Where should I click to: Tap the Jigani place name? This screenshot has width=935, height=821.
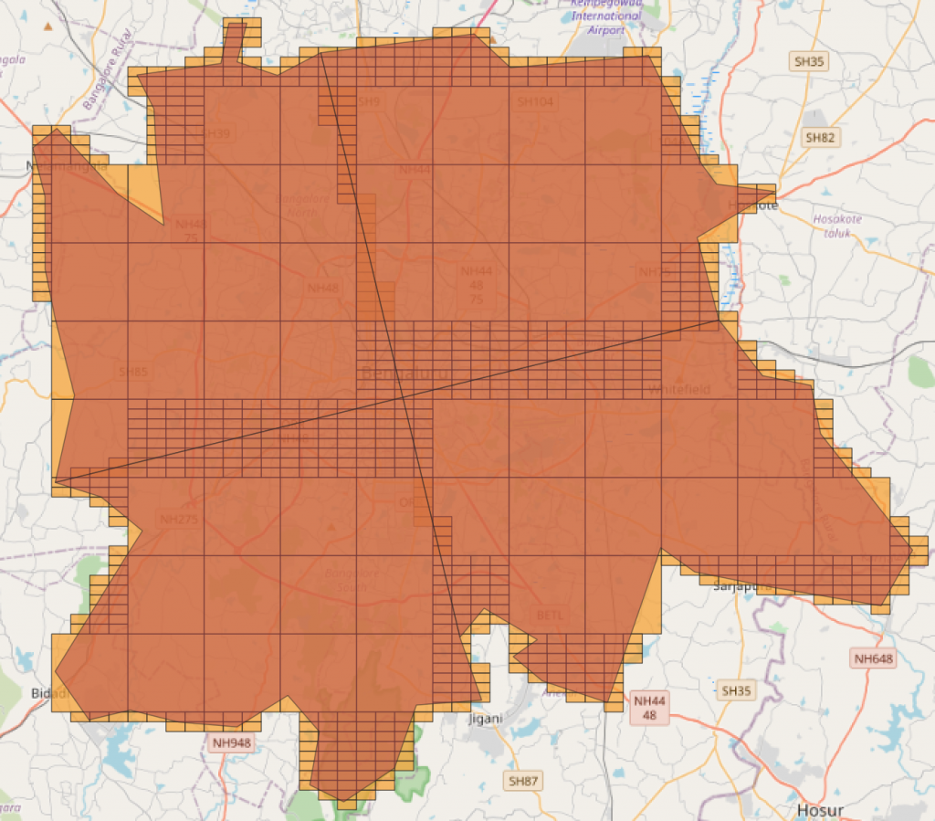tap(485, 718)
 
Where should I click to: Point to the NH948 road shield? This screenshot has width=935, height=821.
tap(230, 742)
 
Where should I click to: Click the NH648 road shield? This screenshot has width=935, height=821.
tap(874, 658)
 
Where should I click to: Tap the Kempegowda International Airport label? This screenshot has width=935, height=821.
tap(606, 16)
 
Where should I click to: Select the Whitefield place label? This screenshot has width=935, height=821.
tap(678, 389)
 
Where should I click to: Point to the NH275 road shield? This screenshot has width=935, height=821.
tap(179, 520)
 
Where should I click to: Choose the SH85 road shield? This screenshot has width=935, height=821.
tap(133, 372)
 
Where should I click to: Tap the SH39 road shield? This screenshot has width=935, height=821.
tap(217, 133)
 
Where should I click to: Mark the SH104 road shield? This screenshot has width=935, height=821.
tap(535, 102)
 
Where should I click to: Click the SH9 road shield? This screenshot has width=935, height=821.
tap(369, 102)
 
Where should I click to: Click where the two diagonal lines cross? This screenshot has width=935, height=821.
tap(403, 395)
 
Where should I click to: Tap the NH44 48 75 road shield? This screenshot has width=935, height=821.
tap(476, 285)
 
